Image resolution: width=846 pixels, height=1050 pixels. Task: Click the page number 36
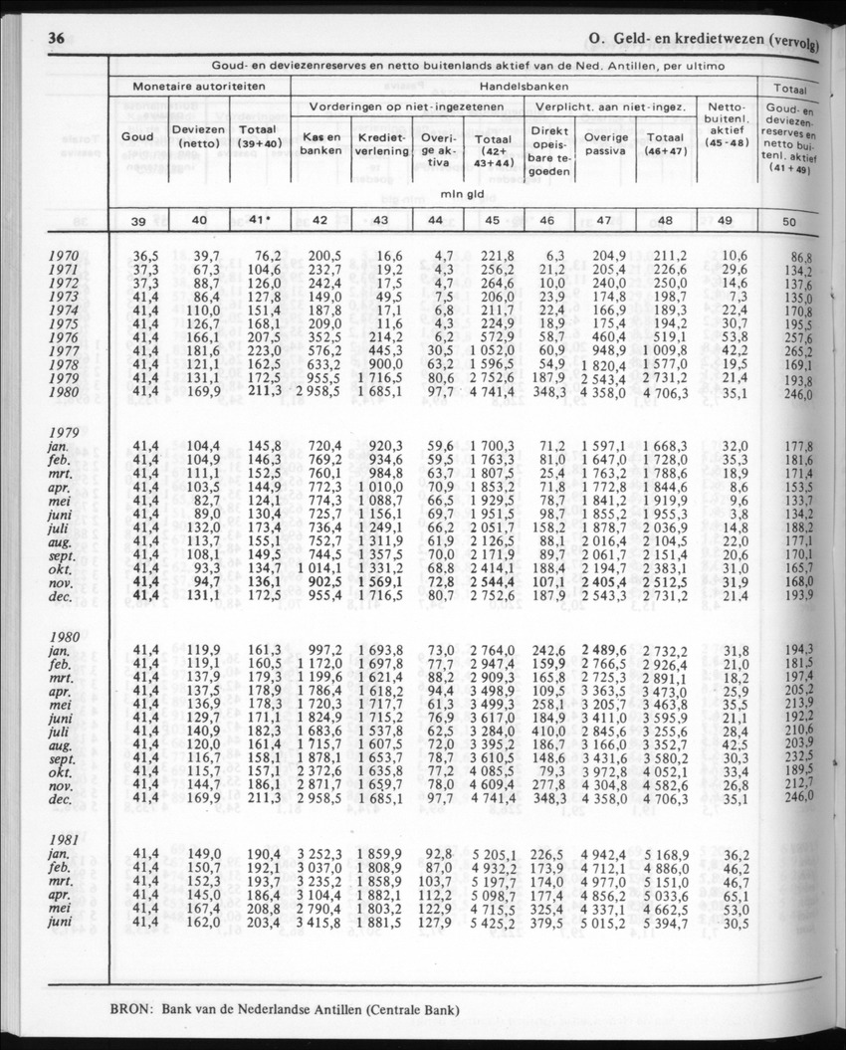click(50, 39)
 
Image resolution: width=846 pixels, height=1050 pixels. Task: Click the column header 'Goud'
click(136, 136)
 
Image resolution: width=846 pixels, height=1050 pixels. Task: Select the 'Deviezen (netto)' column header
click(197, 136)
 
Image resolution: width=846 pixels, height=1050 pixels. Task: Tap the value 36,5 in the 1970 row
click(145, 257)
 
